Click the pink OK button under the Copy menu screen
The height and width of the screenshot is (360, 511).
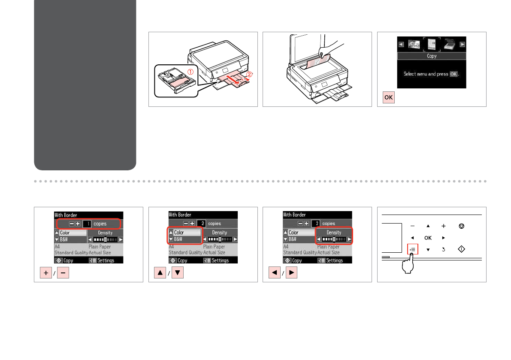click(x=388, y=97)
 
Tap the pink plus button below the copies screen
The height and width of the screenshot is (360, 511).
click(x=46, y=273)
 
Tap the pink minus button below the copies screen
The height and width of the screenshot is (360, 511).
click(x=63, y=273)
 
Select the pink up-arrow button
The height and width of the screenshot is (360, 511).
click(x=160, y=273)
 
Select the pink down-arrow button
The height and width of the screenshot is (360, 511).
click(x=178, y=273)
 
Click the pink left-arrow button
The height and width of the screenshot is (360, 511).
click(x=275, y=272)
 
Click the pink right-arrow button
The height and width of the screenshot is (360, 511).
click(x=292, y=272)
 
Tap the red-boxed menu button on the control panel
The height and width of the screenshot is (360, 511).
click(x=413, y=249)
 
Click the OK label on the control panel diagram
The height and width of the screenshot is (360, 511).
click(x=428, y=238)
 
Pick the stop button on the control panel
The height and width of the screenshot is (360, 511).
click(x=462, y=226)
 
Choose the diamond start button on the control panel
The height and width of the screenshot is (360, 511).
click(x=462, y=249)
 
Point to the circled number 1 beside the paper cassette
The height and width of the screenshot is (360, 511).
click(x=190, y=72)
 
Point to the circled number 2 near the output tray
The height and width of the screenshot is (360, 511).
click(x=249, y=74)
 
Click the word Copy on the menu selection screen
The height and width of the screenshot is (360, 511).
click(x=432, y=56)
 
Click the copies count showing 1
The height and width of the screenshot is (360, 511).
click(x=87, y=224)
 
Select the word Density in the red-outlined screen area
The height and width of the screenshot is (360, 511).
click(x=334, y=232)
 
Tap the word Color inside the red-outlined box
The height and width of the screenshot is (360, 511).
click(x=179, y=232)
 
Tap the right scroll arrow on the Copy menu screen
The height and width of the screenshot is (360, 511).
click(x=463, y=44)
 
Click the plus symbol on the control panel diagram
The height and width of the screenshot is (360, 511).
click(x=444, y=226)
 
